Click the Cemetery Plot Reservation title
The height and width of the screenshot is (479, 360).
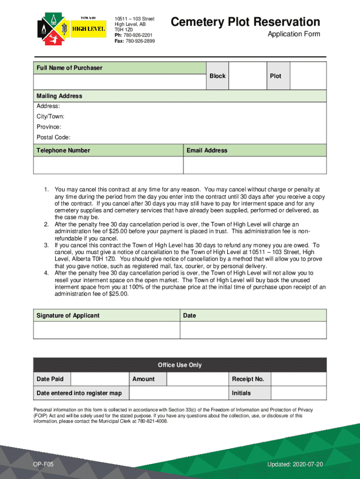[245, 22]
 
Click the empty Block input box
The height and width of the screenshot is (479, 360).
[247, 76]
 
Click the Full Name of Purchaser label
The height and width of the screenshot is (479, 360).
[69, 68]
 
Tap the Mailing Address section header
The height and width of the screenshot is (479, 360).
[59, 96]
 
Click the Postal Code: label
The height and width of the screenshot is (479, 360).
[53, 137]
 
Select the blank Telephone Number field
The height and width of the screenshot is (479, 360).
[108, 165]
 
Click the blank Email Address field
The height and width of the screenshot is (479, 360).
[255, 165]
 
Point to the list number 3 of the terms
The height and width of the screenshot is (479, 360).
[46, 245]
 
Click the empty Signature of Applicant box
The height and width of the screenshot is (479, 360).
[107, 330]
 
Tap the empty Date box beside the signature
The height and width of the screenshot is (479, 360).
[253, 330]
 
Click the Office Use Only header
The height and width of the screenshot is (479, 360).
[180, 365]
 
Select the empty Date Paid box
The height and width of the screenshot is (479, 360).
[99, 379]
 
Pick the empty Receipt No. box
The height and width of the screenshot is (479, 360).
[298, 379]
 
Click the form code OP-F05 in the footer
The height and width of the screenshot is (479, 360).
[40, 464]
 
